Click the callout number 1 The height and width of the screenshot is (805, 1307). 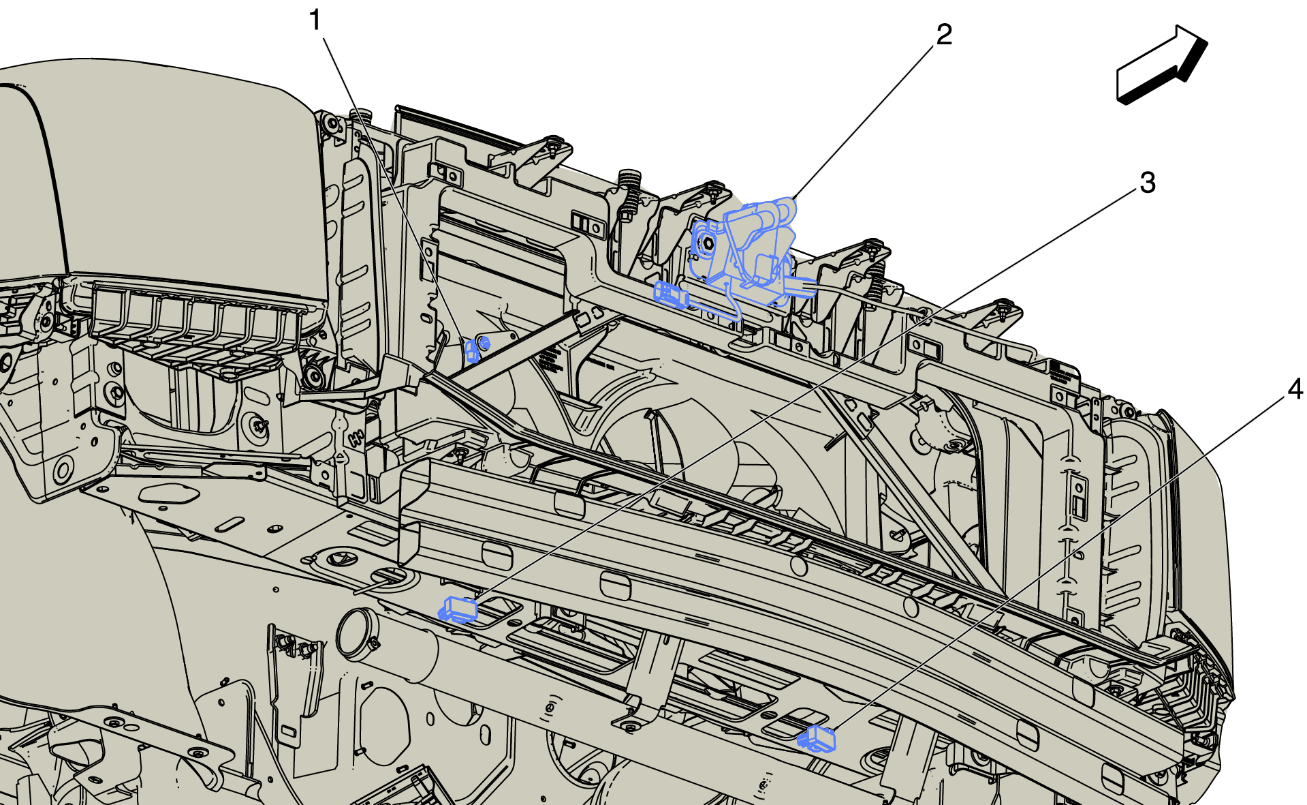click(315, 20)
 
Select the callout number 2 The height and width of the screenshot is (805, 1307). click(944, 35)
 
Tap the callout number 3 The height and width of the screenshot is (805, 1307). click(1148, 183)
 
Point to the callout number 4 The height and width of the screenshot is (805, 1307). click(1295, 389)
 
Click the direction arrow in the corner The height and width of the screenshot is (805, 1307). click(1161, 65)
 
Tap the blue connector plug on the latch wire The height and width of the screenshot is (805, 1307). click(670, 294)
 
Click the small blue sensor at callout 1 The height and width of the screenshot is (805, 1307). click(475, 349)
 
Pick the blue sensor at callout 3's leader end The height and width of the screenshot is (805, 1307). click(458, 609)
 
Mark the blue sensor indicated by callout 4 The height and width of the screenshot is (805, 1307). click(817, 738)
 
